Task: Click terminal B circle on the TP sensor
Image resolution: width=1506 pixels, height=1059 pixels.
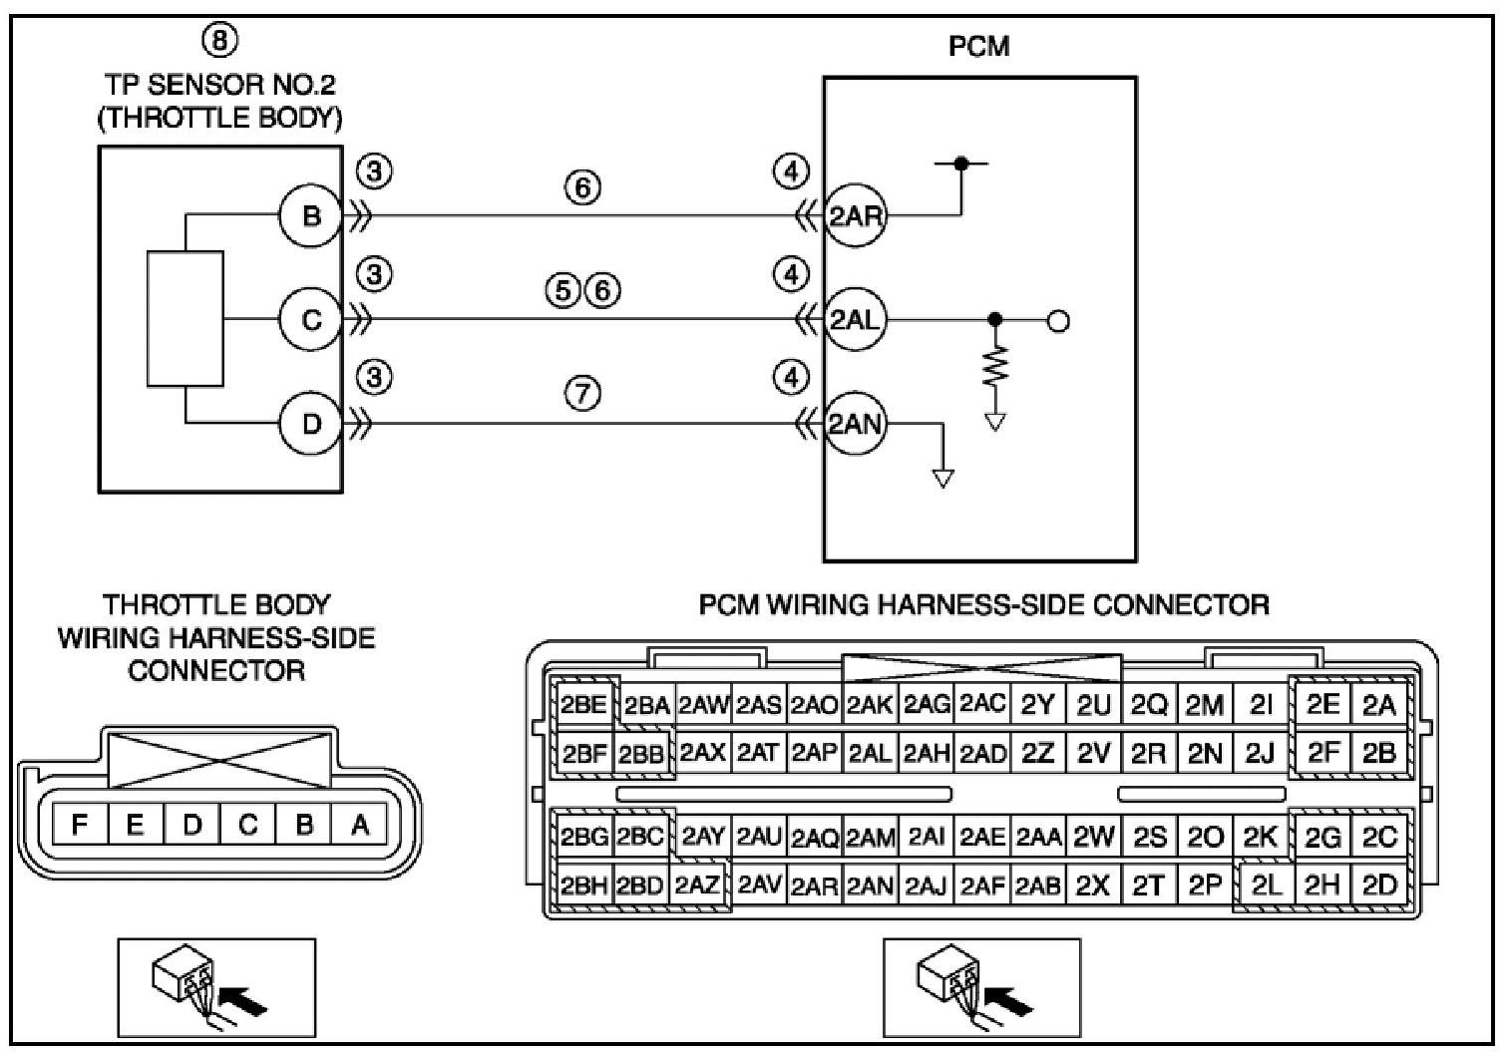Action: pos(310,215)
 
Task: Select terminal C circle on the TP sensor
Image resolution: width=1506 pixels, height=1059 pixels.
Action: pos(310,320)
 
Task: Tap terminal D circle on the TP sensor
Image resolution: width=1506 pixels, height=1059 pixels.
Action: pos(310,424)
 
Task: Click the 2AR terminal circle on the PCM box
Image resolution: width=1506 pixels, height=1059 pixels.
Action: pos(856,215)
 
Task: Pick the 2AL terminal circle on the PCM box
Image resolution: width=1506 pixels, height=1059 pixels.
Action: pos(856,320)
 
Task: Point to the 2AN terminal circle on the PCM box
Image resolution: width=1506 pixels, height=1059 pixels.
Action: pos(856,424)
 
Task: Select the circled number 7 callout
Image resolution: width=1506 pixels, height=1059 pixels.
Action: pos(583,394)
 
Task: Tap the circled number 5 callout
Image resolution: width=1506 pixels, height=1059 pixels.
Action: pos(563,290)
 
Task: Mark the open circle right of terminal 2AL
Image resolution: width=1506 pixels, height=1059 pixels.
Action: pos(1059,321)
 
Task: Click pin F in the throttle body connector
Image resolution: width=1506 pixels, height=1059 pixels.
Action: pos(80,825)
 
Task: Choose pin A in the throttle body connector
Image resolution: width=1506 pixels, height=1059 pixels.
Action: pos(360,825)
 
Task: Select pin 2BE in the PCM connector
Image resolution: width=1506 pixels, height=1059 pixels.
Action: pos(583,706)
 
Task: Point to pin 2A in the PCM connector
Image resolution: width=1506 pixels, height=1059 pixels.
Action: pos(1379,706)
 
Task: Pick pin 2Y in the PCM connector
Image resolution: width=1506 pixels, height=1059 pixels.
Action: pos(1037,706)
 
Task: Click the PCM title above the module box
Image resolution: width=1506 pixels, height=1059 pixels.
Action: pos(978,46)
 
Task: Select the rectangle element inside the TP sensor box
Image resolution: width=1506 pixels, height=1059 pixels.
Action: pos(185,318)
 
